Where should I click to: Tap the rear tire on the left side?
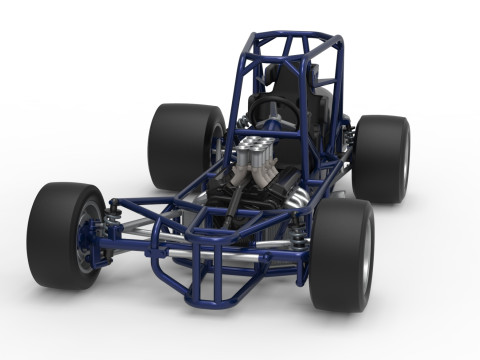(180, 145)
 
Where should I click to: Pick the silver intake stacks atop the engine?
(257, 155)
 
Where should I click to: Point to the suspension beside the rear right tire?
(349, 140)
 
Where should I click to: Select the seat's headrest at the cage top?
(300, 74)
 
